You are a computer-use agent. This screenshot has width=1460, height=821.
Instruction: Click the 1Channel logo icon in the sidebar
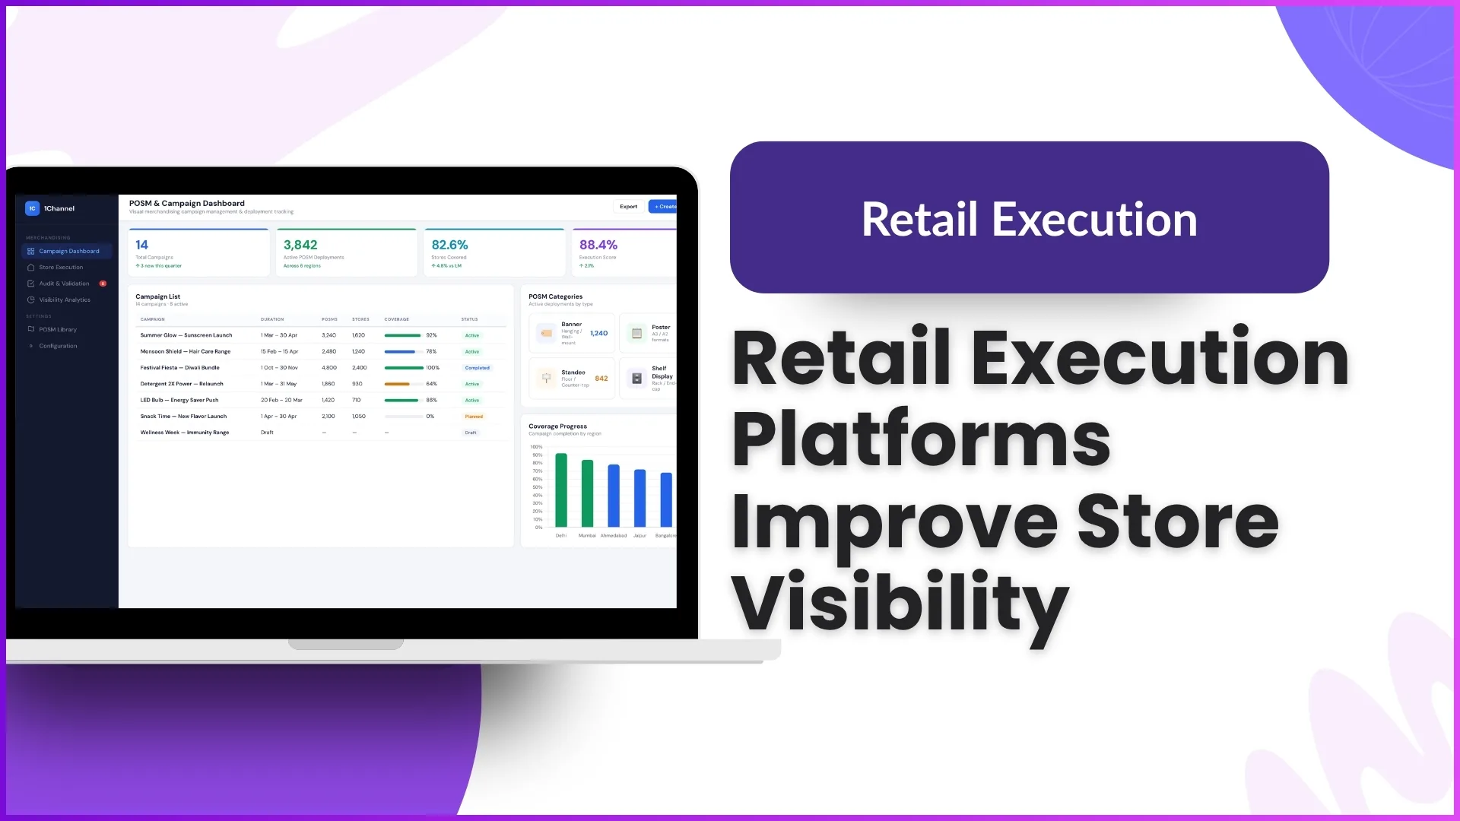click(x=32, y=208)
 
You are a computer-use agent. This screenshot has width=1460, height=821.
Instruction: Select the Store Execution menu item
click(x=61, y=268)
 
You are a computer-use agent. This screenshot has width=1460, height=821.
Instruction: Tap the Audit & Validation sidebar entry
click(x=64, y=284)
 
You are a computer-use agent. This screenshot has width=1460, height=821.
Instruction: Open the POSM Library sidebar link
click(x=58, y=330)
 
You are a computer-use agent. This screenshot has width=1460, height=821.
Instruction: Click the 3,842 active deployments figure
click(x=300, y=245)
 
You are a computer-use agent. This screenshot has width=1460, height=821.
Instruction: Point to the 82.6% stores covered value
click(x=449, y=245)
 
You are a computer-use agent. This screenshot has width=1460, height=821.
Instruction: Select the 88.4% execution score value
click(x=598, y=245)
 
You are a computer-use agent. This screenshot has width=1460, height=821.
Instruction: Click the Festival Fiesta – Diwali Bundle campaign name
click(x=179, y=368)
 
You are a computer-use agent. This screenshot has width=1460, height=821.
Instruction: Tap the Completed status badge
click(x=478, y=368)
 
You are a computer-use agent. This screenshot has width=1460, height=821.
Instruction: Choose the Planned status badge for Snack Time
click(x=474, y=417)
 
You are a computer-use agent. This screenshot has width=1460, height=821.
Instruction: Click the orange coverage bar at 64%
click(x=397, y=384)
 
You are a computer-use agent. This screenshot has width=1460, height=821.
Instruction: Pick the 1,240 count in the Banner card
click(x=599, y=333)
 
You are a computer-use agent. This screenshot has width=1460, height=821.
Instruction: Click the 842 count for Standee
click(x=601, y=379)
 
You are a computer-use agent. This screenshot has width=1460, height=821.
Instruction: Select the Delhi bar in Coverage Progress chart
click(x=561, y=490)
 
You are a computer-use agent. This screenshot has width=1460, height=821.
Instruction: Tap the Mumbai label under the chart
click(x=587, y=536)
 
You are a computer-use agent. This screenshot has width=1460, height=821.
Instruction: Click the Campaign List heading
click(x=157, y=296)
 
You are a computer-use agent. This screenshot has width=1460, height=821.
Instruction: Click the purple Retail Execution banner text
click(x=1029, y=220)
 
